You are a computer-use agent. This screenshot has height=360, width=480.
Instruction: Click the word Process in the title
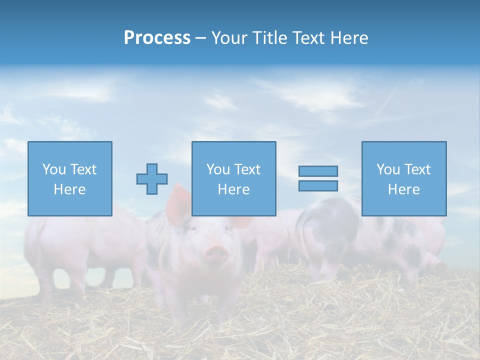pyautogui.click(x=157, y=38)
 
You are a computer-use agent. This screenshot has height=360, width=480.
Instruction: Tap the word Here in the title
pyautogui.click(x=348, y=38)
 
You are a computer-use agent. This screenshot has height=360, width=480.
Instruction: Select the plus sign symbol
pyautogui.click(x=152, y=178)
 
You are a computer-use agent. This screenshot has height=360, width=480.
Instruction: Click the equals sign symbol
pyautogui.click(x=318, y=178)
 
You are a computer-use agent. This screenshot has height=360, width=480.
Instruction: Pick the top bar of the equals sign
pyautogui.click(x=318, y=171)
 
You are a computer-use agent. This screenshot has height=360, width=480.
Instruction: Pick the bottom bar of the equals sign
pyautogui.click(x=318, y=185)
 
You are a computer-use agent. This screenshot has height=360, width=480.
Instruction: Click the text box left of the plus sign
pyautogui.click(x=70, y=178)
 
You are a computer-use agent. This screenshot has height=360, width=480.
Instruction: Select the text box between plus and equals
pyautogui.click(x=233, y=178)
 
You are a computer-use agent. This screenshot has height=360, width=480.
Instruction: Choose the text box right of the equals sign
pyautogui.click(x=404, y=178)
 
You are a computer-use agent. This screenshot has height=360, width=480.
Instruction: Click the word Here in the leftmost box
pyautogui.click(x=70, y=189)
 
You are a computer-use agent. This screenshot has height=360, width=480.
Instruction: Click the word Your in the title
pyautogui.click(x=227, y=38)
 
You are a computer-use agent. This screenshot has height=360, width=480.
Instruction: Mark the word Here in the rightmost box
pyautogui.click(x=404, y=189)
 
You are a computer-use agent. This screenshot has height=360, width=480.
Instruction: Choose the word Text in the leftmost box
pyautogui.click(x=84, y=169)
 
